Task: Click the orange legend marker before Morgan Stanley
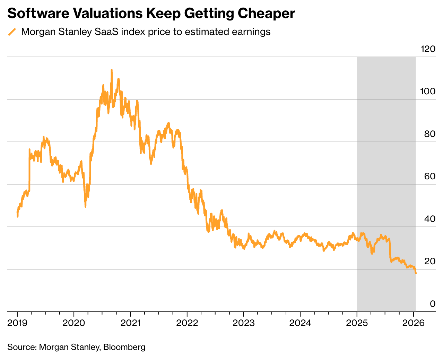12,32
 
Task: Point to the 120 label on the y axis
428,49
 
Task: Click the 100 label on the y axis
427,92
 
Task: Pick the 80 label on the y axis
429,134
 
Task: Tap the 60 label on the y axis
429,177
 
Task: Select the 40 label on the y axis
429,219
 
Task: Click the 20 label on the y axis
429,261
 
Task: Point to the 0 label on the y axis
432,304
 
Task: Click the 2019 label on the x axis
17,323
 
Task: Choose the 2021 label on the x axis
130,323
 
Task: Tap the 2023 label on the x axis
243,323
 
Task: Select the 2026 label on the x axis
414,323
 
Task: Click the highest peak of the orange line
112,70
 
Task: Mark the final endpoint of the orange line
416,273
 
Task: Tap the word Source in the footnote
21,347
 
